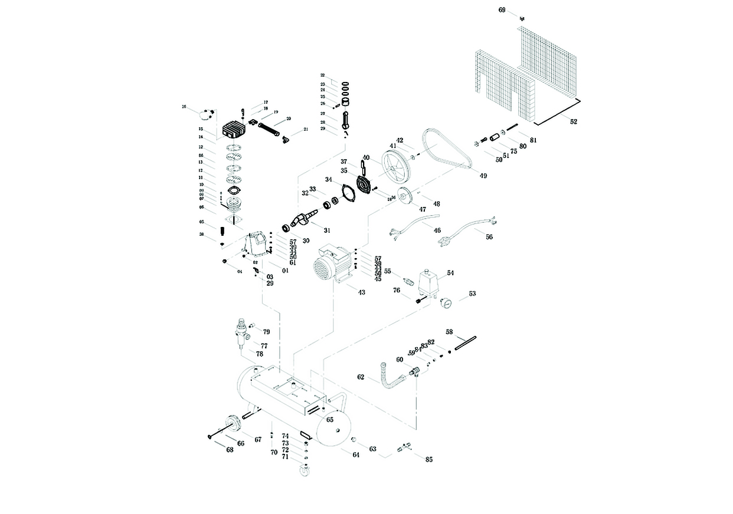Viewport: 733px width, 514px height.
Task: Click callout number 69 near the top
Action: (502, 10)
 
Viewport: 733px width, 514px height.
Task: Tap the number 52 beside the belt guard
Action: (574, 121)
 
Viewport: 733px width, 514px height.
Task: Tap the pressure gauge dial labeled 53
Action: (447, 303)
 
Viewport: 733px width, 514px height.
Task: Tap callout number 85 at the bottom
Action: (428, 459)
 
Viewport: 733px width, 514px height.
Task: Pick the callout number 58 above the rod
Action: (449, 332)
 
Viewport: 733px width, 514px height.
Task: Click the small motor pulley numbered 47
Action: (403, 195)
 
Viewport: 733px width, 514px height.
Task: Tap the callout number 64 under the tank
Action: (356, 454)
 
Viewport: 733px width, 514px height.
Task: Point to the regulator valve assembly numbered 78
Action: (241, 333)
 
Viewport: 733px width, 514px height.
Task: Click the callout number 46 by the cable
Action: (437, 230)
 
